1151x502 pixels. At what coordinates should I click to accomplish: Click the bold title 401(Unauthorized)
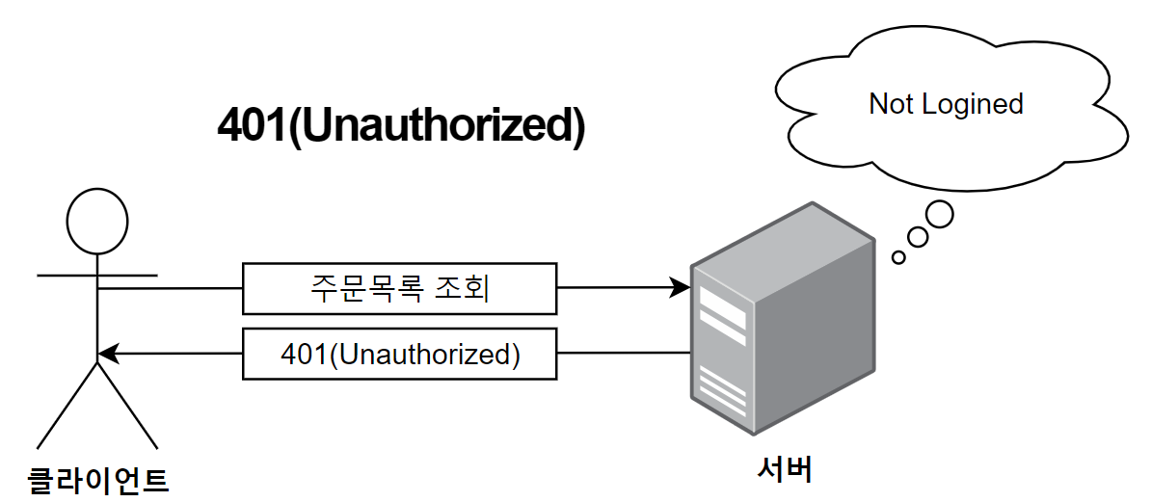pos(401,125)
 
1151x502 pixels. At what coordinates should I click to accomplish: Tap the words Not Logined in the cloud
pos(946,103)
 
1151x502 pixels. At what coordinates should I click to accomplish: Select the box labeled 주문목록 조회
pos(399,288)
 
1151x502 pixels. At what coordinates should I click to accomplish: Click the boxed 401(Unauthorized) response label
pos(399,354)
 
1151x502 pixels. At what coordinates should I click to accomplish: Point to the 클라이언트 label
pos(96,477)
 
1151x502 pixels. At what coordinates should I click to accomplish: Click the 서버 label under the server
pos(784,469)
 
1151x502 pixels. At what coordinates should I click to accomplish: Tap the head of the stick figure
pos(96,221)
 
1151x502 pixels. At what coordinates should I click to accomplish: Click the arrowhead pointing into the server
pos(681,287)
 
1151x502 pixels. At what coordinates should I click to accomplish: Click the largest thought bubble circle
pos(939,214)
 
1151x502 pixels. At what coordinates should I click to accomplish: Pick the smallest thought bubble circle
pos(898,257)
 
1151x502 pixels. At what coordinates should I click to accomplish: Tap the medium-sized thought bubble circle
pos(918,236)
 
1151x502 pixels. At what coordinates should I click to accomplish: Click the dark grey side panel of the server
pos(815,332)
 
